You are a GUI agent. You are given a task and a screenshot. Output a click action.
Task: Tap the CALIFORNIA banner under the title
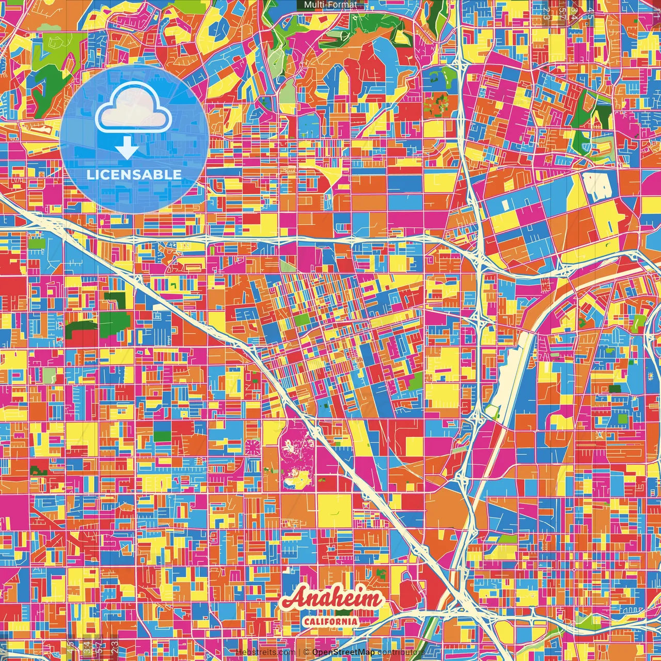(x=330, y=621)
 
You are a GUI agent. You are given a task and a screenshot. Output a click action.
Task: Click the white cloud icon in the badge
(x=133, y=109)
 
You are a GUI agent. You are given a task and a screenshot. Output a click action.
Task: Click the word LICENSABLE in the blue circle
(x=134, y=175)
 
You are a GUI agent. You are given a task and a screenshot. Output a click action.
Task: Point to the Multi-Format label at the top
(x=330, y=5)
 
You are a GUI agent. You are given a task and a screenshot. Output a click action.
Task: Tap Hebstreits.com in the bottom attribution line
(x=264, y=652)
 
